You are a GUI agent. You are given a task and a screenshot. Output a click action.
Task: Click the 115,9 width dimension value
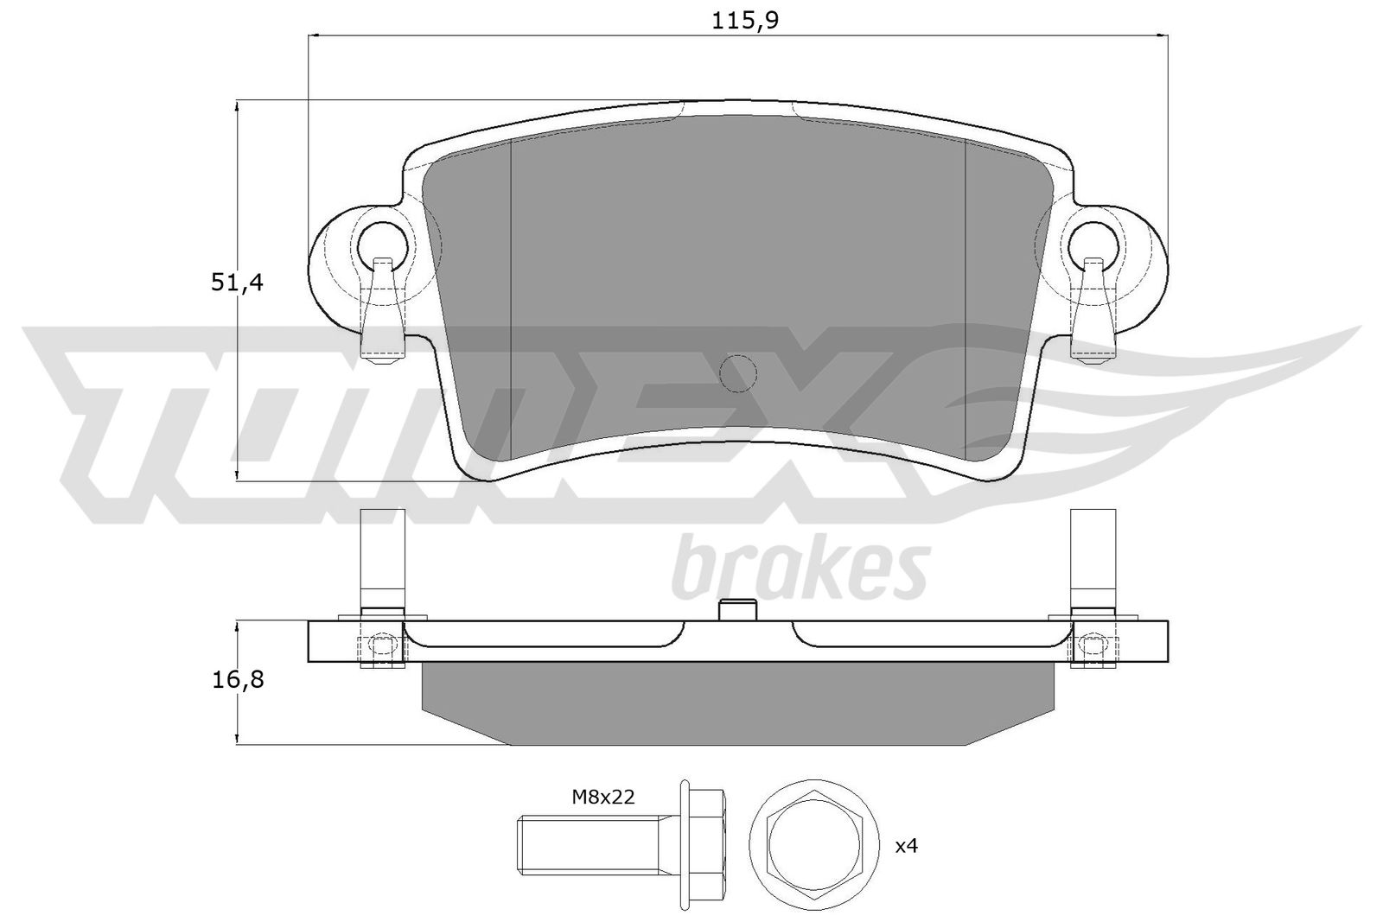[745, 21]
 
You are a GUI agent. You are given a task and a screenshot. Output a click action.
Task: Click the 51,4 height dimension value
[237, 283]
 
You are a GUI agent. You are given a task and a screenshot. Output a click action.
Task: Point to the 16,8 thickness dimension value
[238, 680]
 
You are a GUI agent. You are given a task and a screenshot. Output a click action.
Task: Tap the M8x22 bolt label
[603, 798]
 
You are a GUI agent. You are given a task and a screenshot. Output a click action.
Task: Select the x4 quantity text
[907, 846]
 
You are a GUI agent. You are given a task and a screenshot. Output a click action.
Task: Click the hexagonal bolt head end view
[813, 843]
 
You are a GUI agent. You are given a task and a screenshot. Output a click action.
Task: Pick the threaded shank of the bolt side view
[594, 843]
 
